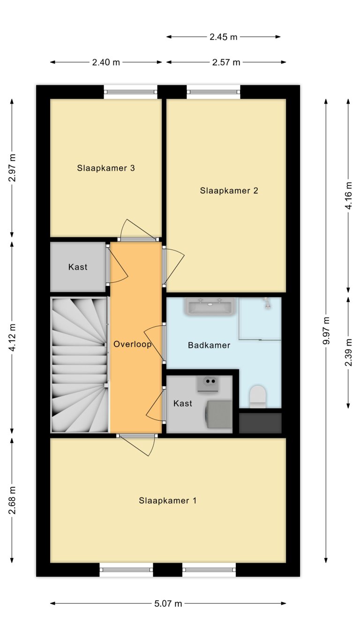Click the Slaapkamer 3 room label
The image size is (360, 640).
click(106, 168)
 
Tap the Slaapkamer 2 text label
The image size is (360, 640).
click(229, 190)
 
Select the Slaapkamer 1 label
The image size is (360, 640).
click(167, 500)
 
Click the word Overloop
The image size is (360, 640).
click(132, 344)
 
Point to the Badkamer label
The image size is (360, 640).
click(209, 345)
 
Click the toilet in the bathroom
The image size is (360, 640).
click(257, 395)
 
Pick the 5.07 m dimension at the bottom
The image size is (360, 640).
click(168, 603)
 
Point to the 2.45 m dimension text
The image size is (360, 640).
click(224, 37)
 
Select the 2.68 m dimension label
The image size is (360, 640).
click(12, 500)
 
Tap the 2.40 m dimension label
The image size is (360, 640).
click(106, 62)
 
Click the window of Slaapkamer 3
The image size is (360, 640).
click(130, 92)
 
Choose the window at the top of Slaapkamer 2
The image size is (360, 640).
click(213, 92)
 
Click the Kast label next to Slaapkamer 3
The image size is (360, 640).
click(78, 267)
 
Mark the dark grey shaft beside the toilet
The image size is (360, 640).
click(260, 423)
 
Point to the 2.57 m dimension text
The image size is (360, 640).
click(226, 62)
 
